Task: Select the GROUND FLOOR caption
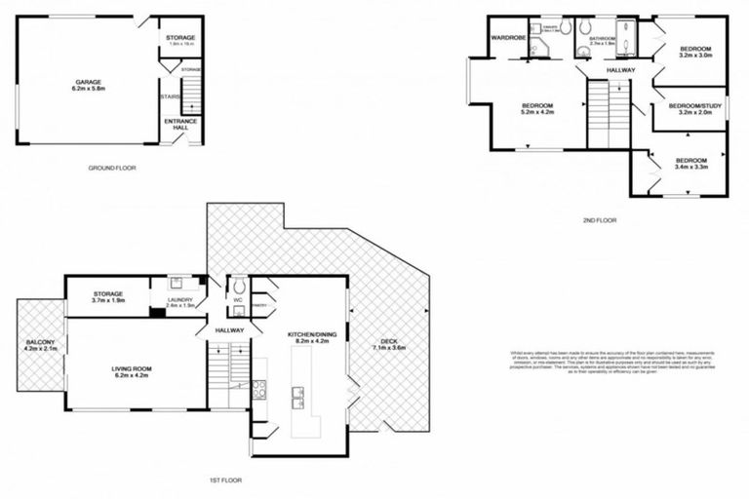point(111,168)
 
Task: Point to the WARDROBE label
point(509,39)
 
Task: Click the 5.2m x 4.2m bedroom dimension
point(537,113)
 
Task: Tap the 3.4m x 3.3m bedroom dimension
point(690,168)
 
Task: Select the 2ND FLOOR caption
point(599,221)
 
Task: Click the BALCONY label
point(42,342)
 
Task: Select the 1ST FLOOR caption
point(226,480)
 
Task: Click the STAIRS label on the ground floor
point(167,97)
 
